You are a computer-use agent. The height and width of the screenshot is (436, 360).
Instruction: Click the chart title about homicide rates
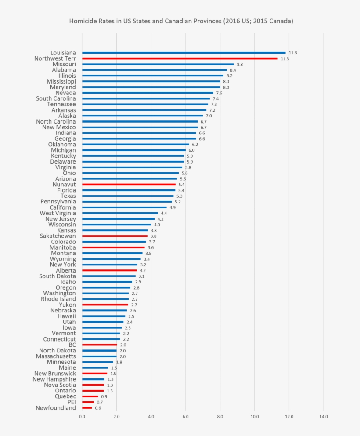181,21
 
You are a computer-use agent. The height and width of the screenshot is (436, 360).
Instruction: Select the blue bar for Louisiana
184,53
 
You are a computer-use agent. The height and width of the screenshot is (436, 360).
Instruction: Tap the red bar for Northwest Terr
180,58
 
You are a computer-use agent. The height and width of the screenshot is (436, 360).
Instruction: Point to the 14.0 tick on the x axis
324,416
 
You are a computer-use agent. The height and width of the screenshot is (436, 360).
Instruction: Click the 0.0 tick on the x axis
82,416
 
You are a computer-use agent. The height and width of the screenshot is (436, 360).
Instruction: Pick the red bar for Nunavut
129,185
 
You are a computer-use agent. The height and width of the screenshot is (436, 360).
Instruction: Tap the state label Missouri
64,64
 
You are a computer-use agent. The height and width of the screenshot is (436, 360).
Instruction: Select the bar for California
124,207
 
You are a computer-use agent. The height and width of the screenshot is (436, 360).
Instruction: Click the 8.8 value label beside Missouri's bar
240,64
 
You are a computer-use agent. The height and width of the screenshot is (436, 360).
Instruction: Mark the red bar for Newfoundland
87,408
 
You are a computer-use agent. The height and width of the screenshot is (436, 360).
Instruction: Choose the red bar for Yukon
105,305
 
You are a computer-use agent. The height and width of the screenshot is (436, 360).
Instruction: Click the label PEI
71,402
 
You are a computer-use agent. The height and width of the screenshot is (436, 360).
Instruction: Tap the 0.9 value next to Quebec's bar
104,396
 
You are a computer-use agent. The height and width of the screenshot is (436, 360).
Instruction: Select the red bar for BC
99,345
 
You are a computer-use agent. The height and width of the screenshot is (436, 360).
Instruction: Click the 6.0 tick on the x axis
186,416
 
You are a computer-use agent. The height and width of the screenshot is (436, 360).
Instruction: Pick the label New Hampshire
54,379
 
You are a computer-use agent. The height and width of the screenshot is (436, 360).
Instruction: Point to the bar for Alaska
142,116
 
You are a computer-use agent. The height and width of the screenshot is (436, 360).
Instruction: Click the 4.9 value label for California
173,207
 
